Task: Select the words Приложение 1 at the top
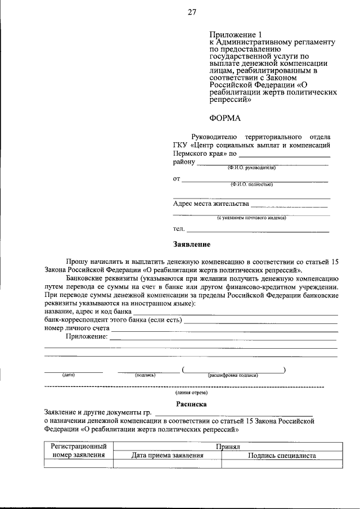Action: (232, 35)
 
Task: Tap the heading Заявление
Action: (191, 245)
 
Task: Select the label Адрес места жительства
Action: (210, 204)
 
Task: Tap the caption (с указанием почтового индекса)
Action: (251, 218)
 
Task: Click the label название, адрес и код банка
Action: (88, 311)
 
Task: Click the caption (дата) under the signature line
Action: (69, 375)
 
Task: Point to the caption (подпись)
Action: (145, 375)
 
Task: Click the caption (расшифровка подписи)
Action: (233, 375)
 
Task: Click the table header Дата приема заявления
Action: (167, 456)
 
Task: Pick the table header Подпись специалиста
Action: (282, 456)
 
